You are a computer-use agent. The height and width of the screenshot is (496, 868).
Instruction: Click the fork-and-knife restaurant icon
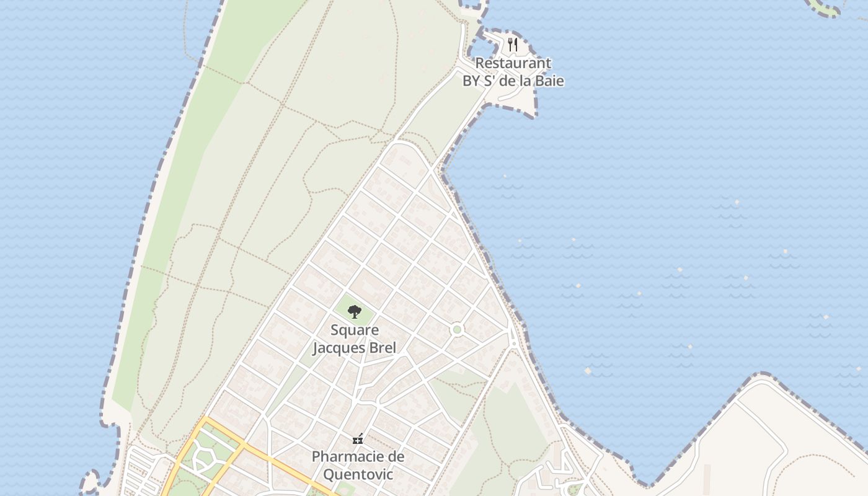pyautogui.click(x=512, y=44)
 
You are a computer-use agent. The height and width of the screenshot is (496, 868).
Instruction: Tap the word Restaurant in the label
pyautogui.click(x=513, y=63)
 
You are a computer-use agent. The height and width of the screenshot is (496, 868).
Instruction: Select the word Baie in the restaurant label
pyautogui.click(x=549, y=81)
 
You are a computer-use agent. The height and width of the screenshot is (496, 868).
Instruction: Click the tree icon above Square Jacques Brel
pyautogui.click(x=354, y=311)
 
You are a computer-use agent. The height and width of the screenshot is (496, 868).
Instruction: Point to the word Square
pyautogui.click(x=354, y=330)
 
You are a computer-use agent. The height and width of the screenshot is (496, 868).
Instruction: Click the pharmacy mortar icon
pyautogui.click(x=358, y=439)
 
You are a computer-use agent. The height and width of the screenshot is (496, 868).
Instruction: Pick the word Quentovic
pyautogui.click(x=358, y=474)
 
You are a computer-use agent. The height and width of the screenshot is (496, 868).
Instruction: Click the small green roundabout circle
pyautogui.click(x=457, y=329)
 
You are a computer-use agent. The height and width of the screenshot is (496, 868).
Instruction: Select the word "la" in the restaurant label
pyautogui.click(x=525, y=81)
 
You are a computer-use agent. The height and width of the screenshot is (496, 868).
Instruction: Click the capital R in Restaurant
pyautogui.click(x=479, y=63)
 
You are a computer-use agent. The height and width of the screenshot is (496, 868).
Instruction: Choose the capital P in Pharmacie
pyautogui.click(x=316, y=457)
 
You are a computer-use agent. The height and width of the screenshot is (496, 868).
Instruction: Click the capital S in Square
pyautogui.click(x=334, y=330)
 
